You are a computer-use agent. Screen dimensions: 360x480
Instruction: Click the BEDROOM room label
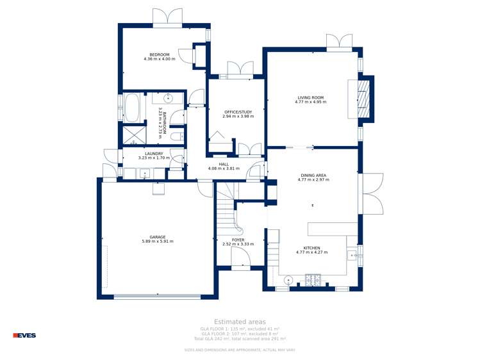pyautogui.click(x=160, y=54)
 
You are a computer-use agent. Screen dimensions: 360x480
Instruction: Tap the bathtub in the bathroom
pyautogui.click(x=131, y=108)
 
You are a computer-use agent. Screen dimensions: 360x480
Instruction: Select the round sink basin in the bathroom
pyautogui.click(x=168, y=98)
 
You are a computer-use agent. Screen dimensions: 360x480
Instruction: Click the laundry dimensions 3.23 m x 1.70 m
pyautogui.click(x=154, y=158)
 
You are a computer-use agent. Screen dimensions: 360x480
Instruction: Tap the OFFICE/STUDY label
pyautogui.click(x=238, y=112)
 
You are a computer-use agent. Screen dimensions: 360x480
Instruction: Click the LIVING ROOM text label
pyautogui.click(x=311, y=98)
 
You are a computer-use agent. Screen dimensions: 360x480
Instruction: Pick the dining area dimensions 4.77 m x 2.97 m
pyautogui.click(x=313, y=180)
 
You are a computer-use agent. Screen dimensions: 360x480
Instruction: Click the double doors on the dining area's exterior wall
pyautogui.click(x=372, y=194)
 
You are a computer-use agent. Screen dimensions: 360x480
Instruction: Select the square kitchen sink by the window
pyautogui.click(x=352, y=256)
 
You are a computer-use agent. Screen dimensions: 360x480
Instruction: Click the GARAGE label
pyautogui.click(x=158, y=237)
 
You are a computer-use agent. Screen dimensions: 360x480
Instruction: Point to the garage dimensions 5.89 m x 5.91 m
pyautogui.click(x=158, y=241)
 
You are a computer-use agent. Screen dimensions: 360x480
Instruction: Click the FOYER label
pyautogui.click(x=238, y=240)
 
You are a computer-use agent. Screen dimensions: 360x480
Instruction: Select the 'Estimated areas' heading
pyautogui.click(x=240, y=322)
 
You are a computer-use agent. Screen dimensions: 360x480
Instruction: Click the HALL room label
pyautogui.click(x=224, y=164)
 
